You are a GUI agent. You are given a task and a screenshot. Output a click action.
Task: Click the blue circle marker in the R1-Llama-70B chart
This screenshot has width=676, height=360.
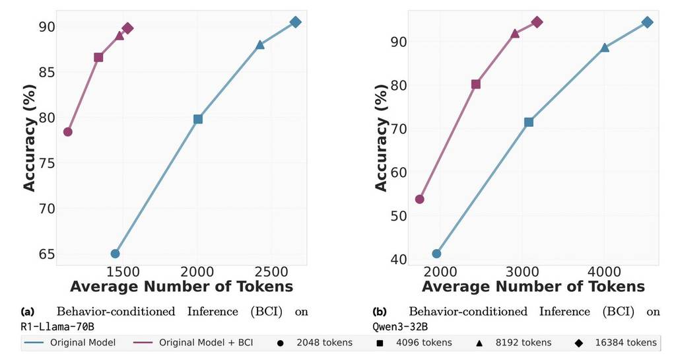tap(115, 254)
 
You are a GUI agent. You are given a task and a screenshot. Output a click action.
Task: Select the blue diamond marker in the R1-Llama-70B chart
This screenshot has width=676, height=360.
tap(296, 22)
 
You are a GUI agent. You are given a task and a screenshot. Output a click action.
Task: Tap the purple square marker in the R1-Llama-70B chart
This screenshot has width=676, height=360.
tap(98, 57)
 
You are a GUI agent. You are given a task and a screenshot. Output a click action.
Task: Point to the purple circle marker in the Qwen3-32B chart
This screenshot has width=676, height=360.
tap(419, 199)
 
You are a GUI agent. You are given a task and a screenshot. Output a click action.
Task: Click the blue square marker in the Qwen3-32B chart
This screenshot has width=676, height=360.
tap(528, 122)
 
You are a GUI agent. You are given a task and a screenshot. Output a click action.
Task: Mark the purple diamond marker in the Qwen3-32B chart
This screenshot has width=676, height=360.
tap(537, 22)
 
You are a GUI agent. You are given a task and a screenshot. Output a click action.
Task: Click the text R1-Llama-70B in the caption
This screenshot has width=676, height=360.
tap(52, 326)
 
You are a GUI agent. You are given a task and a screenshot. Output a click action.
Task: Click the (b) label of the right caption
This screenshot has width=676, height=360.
tap(380, 311)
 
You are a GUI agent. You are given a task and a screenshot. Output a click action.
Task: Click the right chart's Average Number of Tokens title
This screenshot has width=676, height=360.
tap(533, 287)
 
